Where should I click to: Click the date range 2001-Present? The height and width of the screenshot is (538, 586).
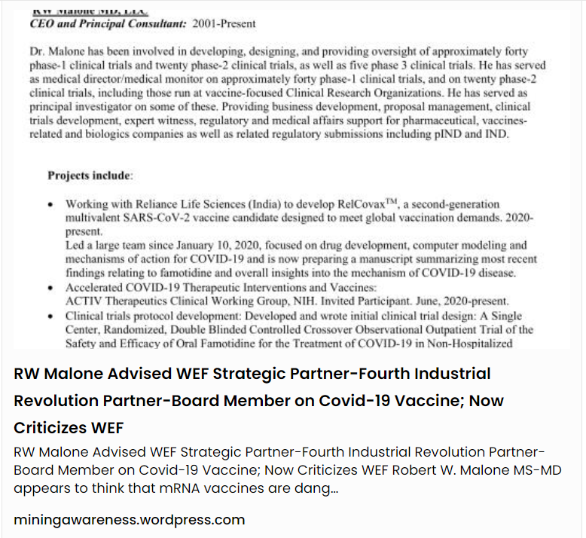224,23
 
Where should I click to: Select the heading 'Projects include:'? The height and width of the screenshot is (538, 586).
90,176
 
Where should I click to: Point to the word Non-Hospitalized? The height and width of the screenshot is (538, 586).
469,344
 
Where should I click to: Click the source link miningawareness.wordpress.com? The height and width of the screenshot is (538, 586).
129,520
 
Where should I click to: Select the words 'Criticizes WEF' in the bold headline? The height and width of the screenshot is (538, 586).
69,427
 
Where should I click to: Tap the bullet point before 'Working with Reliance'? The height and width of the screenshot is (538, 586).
50,205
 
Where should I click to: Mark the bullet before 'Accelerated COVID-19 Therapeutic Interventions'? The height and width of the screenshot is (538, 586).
50,288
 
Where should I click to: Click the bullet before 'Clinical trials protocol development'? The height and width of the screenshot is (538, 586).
50,316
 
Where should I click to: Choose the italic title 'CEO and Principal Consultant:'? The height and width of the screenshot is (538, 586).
108,23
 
